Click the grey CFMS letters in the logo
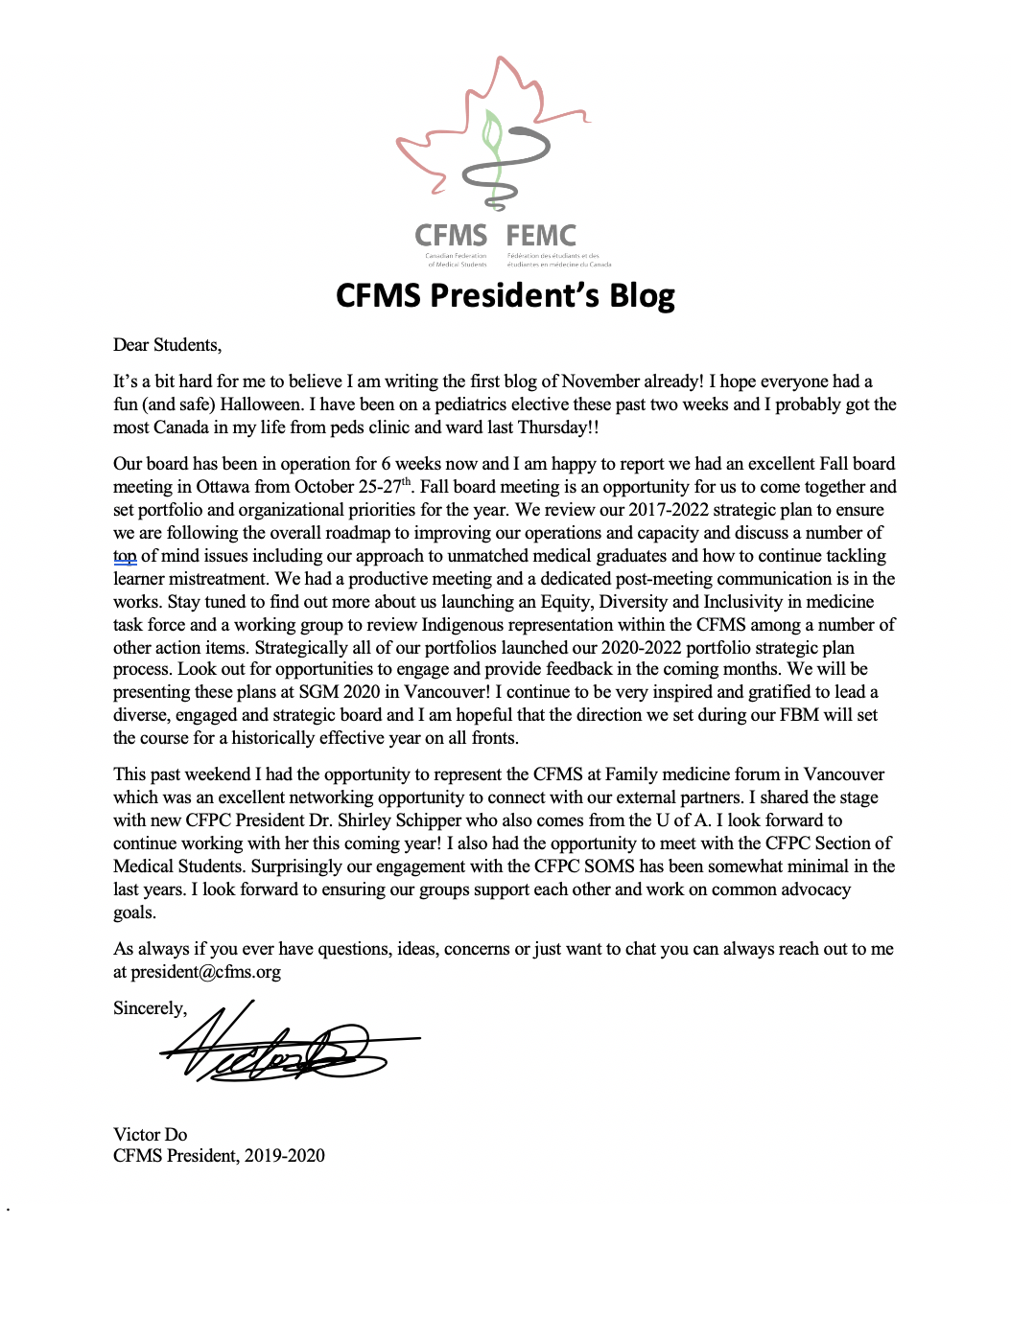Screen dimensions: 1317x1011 point(451,236)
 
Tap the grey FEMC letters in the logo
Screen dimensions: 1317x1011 point(541,236)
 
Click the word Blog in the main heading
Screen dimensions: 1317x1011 point(642,296)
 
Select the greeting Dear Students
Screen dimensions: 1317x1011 point(167,345)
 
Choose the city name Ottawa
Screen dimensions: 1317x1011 point(223,487)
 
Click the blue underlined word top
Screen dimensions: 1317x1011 point(125,556)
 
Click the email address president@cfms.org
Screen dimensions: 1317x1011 point(205,972)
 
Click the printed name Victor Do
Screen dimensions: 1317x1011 point(150,1135)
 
